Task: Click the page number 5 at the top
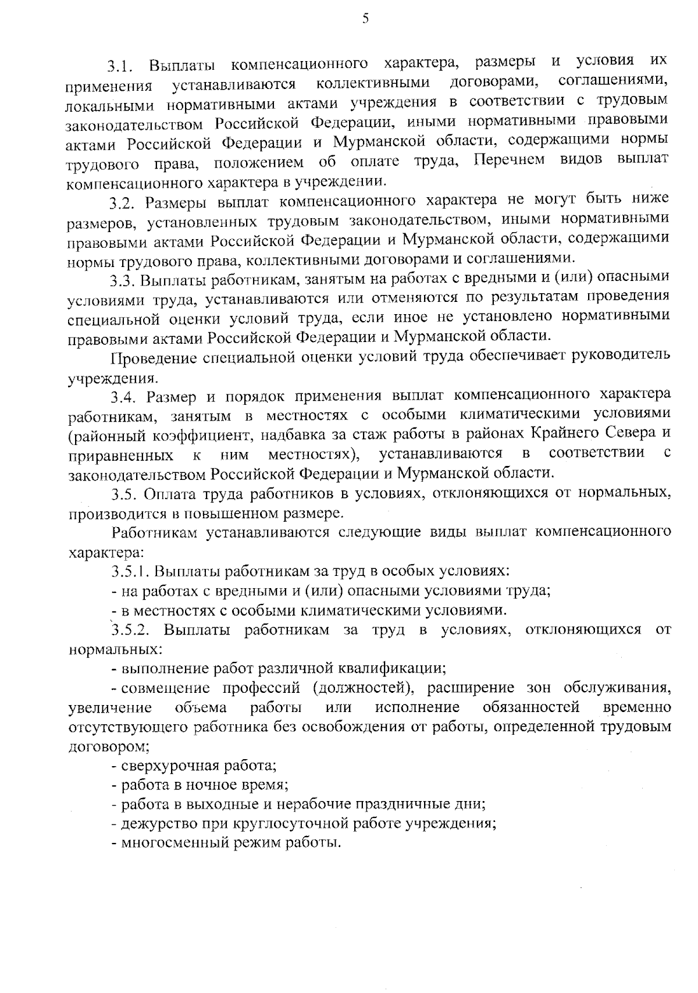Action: coord(365,19)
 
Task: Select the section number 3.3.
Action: coord(123,280)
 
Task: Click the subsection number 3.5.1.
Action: coord(131,571)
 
